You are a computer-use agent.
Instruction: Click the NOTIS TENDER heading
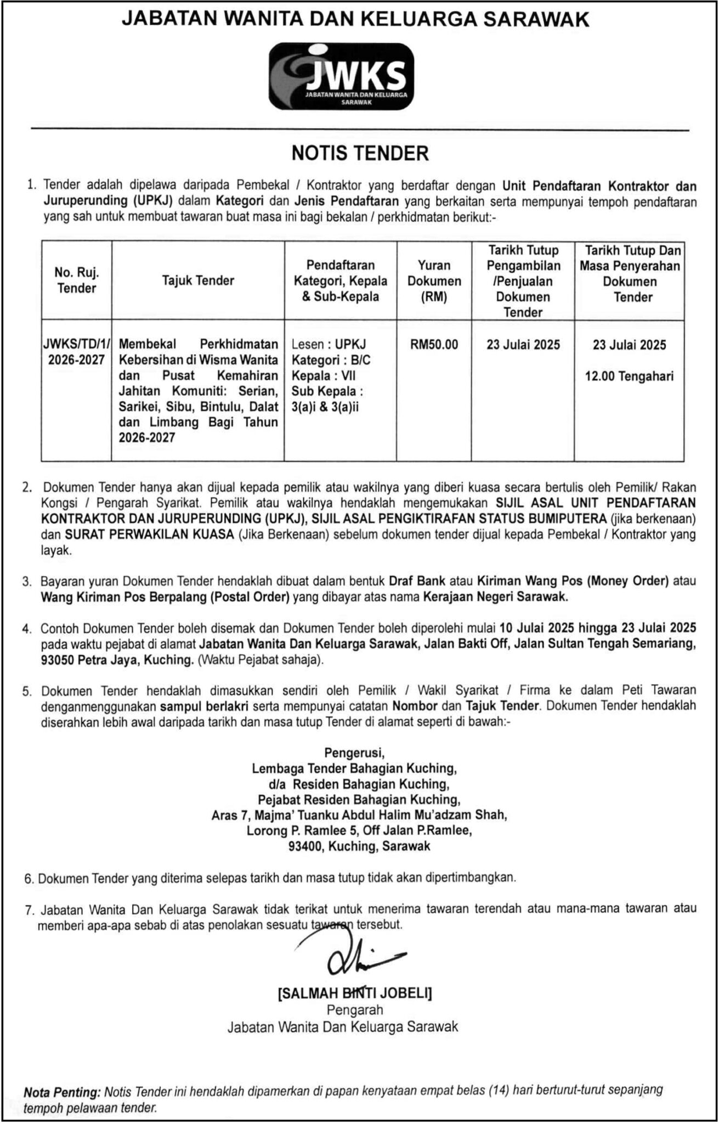pos(360,153)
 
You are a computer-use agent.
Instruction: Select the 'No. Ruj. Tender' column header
pos(76,280)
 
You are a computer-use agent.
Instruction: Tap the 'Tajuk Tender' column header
pos(198,280)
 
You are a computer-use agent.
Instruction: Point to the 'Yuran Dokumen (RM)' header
pos(433,280)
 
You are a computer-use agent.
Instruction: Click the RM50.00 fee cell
pos(433,345)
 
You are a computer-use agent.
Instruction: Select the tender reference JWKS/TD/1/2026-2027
pos(76,352)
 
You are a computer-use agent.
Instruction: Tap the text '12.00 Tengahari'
pos(629,376)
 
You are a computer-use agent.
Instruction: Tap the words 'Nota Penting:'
pos(62,1092)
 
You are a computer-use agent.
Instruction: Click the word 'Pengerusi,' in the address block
pos(354,752)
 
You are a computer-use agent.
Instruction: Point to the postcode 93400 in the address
pos(305,846)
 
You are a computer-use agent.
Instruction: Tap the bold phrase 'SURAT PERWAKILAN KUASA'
pos(150,534)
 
